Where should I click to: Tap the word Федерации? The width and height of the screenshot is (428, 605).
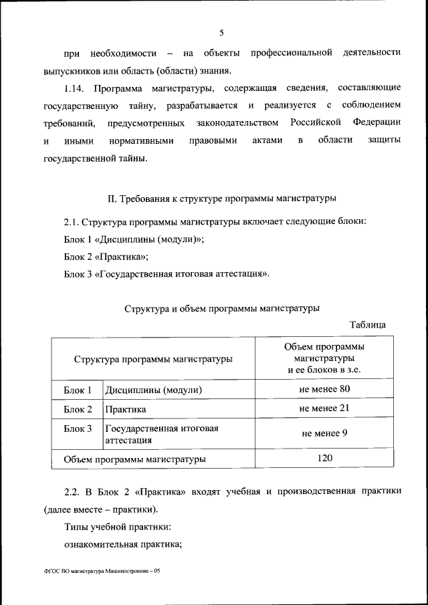click(x=374, y=123)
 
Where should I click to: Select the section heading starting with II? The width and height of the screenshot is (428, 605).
click(x=221, y=198)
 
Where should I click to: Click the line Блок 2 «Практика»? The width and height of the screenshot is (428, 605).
click(x=106, y=256)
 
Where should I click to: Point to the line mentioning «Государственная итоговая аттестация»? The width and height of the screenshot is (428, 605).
click(x=167, y=273)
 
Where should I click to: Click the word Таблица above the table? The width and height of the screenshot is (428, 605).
click(x=367, y=325)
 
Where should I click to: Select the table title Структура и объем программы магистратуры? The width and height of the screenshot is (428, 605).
click(x=221, y=308)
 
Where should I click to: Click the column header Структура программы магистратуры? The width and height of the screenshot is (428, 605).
click(x=153, y=359)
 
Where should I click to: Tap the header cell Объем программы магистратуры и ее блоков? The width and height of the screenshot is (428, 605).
click(x=324, y=358)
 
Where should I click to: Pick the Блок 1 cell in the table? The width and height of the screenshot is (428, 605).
click(x=78, y=390)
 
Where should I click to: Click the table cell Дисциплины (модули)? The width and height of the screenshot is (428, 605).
click(x=153, y=390)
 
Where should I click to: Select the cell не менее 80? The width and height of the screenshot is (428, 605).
click(x=324, y=388)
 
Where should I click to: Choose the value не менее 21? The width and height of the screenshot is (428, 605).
click(x=324, y=408)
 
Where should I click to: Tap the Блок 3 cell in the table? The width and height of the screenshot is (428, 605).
click(x=78, y=429)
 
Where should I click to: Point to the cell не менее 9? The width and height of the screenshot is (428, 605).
click(x=324, y=433)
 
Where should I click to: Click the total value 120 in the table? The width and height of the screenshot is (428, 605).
click(x=324, y=458)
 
